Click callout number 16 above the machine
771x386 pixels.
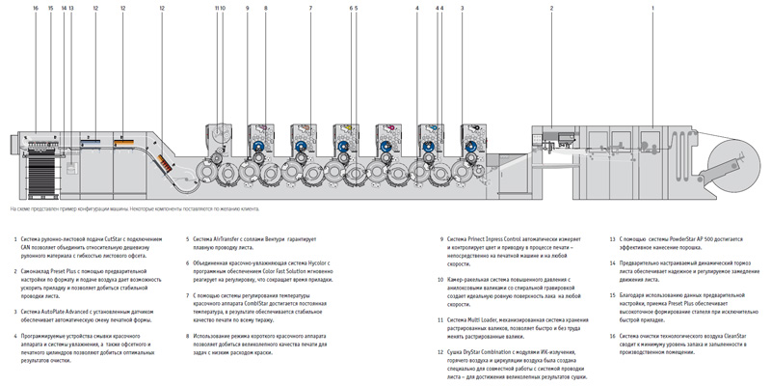[x=35, y=8]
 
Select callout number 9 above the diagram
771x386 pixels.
[x=247, y=8]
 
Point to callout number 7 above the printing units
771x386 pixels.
[x=310, y=8]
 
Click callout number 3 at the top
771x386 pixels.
[x=462, y=8]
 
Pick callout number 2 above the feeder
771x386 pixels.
[x=551, y=8]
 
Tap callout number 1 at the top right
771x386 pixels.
[x=652, y=8]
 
